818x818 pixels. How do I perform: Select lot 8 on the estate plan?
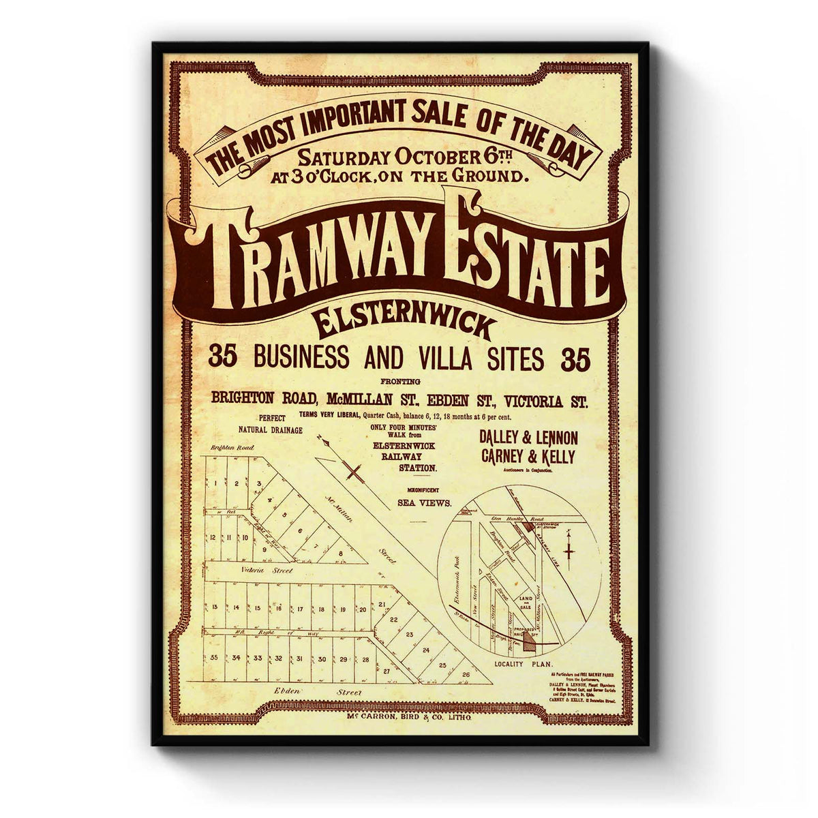click(x=339, y=552)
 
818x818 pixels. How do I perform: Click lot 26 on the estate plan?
click(x=466, y=675)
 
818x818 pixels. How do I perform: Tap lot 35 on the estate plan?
click(x=214, y=658)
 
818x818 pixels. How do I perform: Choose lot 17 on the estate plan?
click(x=300, y=608)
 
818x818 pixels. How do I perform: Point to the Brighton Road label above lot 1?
click(x=232, y=448)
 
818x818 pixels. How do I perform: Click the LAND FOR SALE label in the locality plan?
click(x=525, y=601)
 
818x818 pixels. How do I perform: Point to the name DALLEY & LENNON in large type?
click(x=530, y=438)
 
